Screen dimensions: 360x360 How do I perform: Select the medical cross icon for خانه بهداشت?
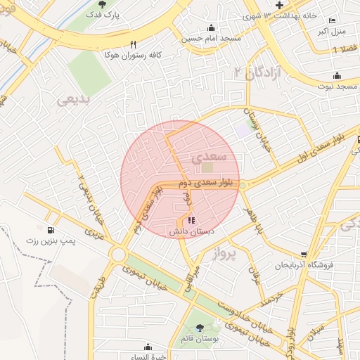pos(279,5)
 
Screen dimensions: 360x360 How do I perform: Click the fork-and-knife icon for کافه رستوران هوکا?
pos(133,44)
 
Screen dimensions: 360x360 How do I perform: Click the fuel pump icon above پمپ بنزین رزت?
pos(50,231)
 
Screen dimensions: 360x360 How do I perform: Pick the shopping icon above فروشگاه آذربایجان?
pos(304,255)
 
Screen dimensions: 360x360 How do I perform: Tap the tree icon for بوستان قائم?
pos(200,328)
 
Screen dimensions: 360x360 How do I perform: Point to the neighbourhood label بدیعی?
pos(74,101)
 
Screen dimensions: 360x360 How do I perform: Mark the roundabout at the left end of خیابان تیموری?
pos(117,254)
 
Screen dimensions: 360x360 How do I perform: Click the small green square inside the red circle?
pos(207,167)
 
